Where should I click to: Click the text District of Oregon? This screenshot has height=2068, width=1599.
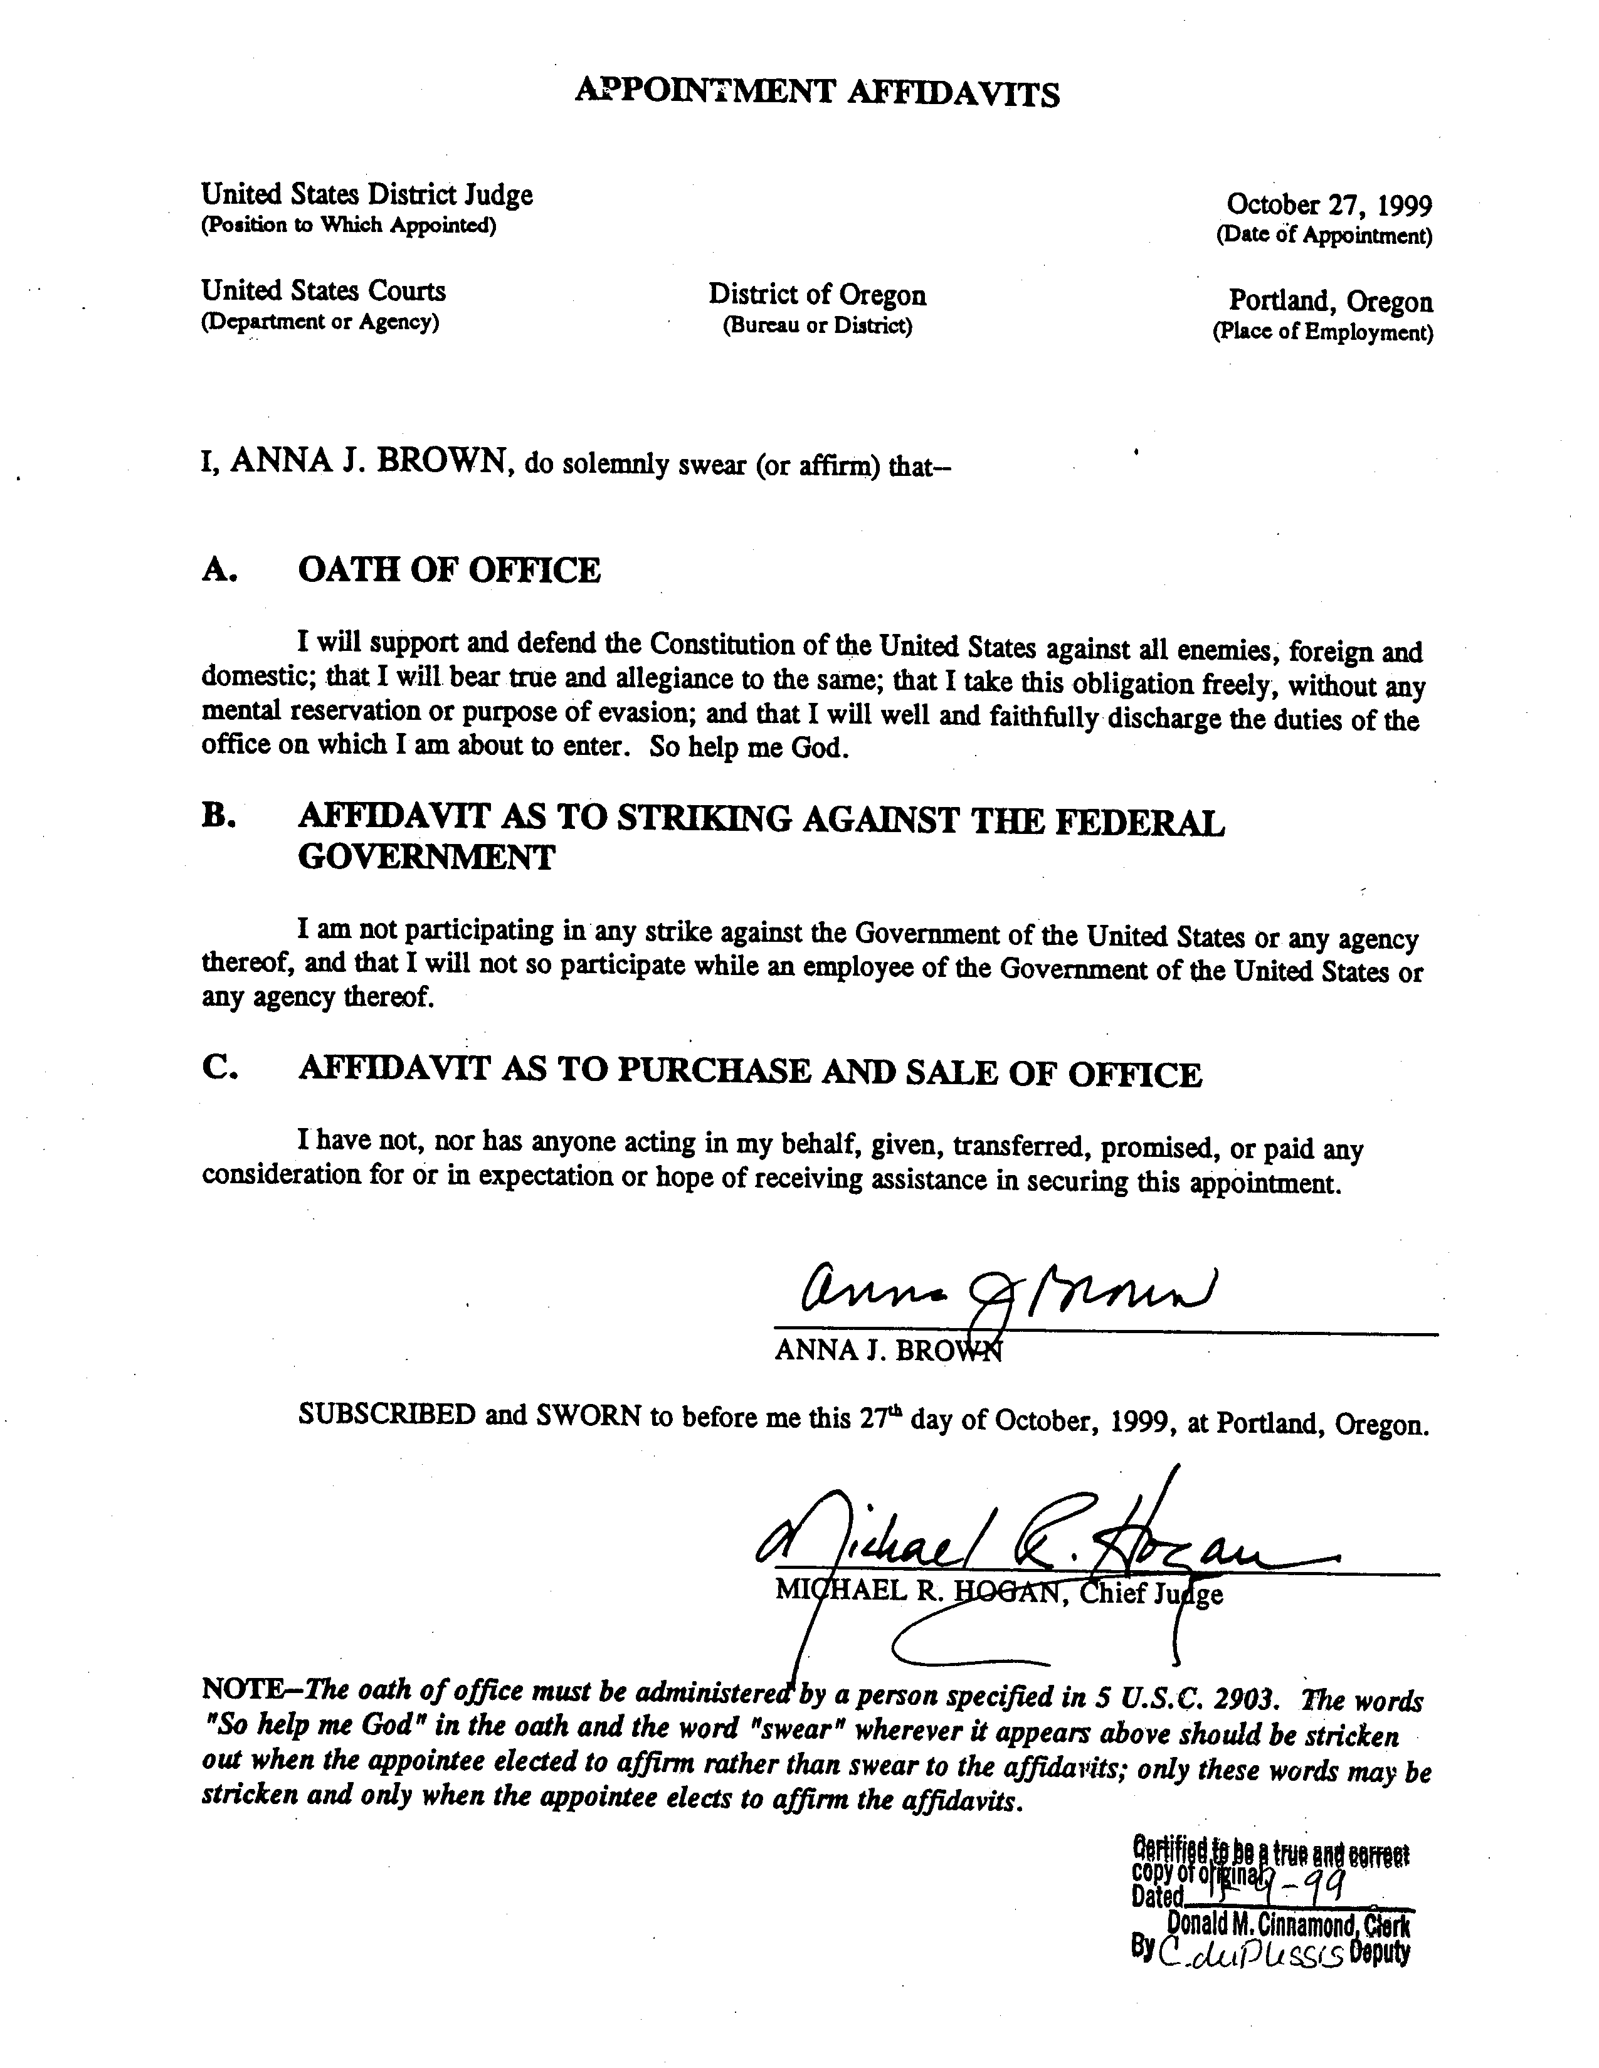coord(817,295)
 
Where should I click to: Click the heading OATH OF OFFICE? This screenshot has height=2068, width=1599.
coord(449,570)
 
